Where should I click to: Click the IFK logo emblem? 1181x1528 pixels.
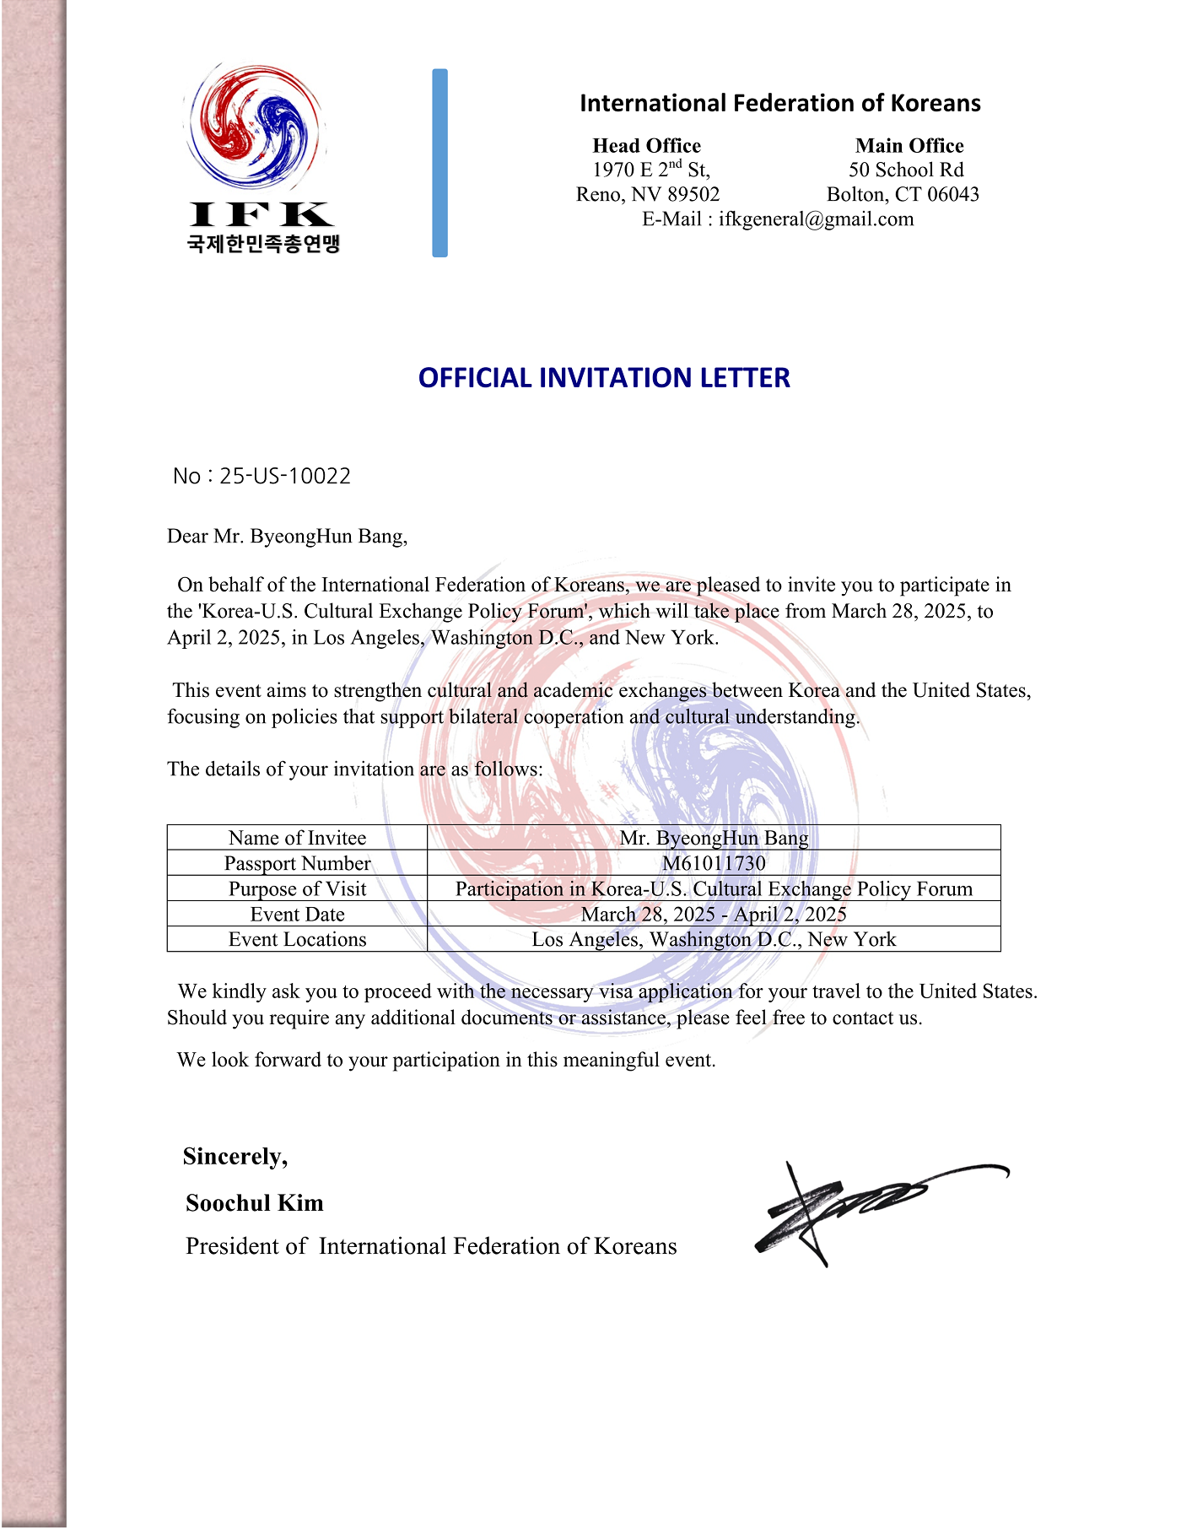pyautogui.click(x=255, y=127)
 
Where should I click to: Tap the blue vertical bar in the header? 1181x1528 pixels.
pyautogui.click(x=440, y=163)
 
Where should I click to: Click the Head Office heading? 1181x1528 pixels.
pyautogui.click(x=646, y=145)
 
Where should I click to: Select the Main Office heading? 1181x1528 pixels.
pyautogui.click(x=909, y=145)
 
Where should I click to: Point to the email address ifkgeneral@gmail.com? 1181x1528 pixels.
pyautogui.click(x=816, y=219)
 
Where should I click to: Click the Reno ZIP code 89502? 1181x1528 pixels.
pyautogui.click(x=693, y=195)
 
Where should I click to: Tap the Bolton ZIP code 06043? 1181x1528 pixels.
pyautogui.click(x=952, y=195)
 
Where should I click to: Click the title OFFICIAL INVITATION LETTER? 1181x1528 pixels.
pyautogui.click(x=604, y=377)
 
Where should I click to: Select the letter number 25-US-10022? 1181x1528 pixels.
pyautogui.click(x=285, y=476)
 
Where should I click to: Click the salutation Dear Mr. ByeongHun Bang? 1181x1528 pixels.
pyautogui.click(x=287, y=537)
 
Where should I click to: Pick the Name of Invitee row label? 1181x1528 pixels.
pyautogui.click(x=297, y=838)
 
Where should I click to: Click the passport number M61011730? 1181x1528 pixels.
pyautogui.click(x=714, y=863)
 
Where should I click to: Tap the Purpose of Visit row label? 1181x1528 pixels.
pyautogui.click(x=297, y=888)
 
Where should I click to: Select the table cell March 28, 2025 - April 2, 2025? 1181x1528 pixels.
pyautogui.click(x=714, y=915)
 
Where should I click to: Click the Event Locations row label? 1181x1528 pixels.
pyautogui.click(x=297, y=940)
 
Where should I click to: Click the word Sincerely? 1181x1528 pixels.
pyautogui.click(x=235, y=1157)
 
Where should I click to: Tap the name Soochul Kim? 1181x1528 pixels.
pyautogui.click(x=255, y=1203)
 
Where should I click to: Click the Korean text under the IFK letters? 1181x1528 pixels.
pyautogui.click(x=263, y=244)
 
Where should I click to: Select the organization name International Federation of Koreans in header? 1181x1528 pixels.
pyautogui.click(x=779, y=103)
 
